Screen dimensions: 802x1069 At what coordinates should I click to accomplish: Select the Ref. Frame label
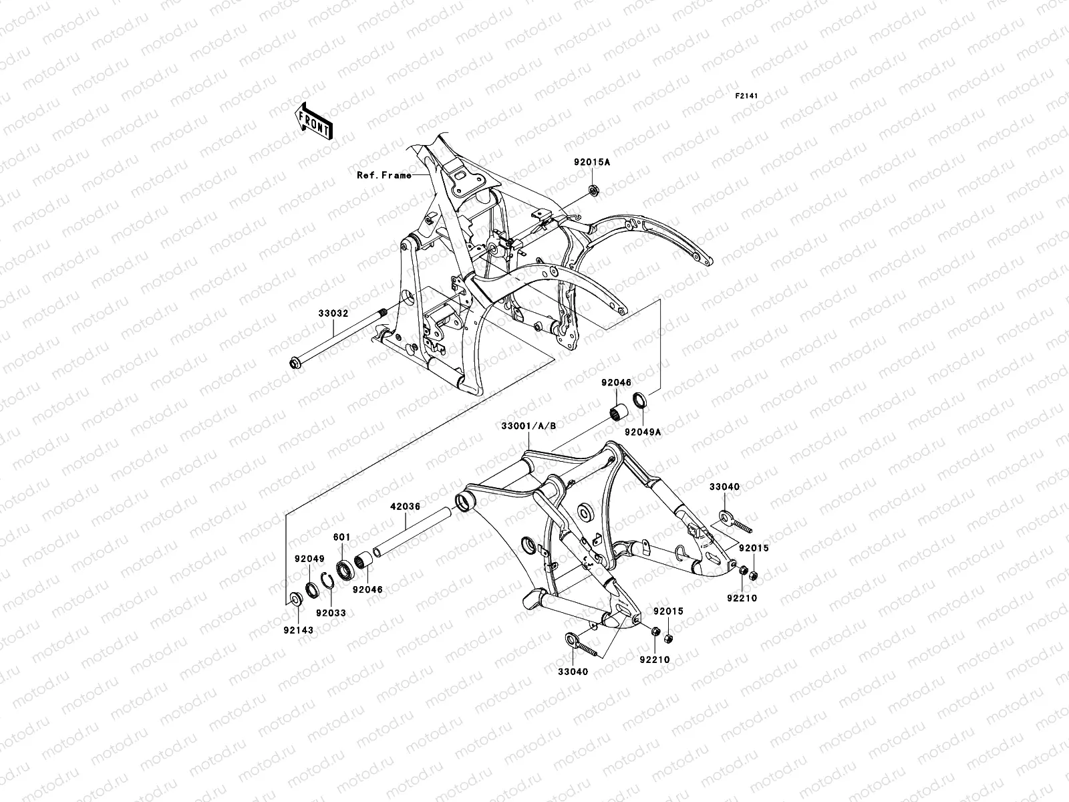tap(384, 176)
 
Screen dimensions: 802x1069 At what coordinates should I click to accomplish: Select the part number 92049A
tap(643, 432)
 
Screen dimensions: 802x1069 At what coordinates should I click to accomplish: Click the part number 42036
tap(406, 507)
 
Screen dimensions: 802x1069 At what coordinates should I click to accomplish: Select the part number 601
tap(342, 537)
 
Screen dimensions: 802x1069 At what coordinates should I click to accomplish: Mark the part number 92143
tap(297, 630)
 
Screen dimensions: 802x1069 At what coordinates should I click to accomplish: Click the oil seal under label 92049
tap(311, 589)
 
